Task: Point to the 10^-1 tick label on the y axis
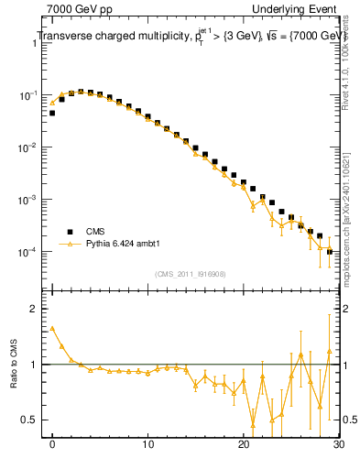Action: click(29, 95)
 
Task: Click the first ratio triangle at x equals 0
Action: click(52, 328)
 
